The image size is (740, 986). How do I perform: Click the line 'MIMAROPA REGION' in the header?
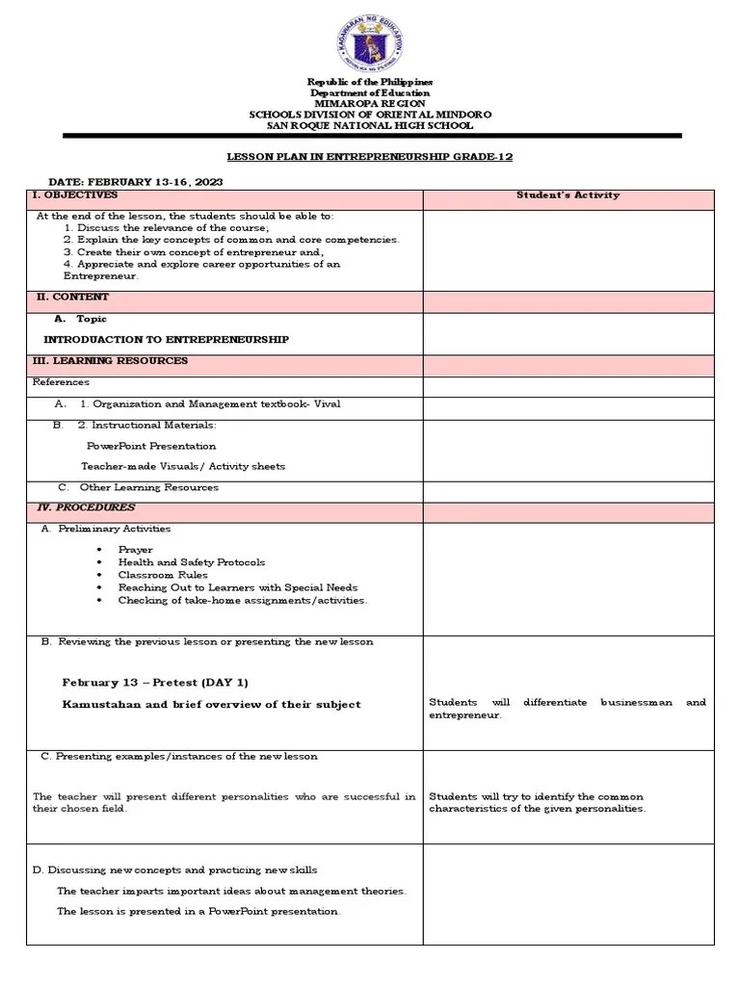371,103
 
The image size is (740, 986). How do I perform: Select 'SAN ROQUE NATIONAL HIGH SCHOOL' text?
371,125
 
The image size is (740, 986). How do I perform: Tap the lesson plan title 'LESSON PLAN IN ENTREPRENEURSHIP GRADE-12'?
371,156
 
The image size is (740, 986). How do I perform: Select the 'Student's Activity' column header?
568,195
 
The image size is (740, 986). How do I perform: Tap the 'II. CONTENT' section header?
72,298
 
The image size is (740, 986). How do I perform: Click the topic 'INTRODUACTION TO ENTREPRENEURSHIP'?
166,340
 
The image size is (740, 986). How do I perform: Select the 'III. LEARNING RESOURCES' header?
110,361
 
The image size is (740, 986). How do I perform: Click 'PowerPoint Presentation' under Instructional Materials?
151,446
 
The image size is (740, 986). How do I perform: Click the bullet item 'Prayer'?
135,550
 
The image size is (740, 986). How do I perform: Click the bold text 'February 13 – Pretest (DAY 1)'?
155,683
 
